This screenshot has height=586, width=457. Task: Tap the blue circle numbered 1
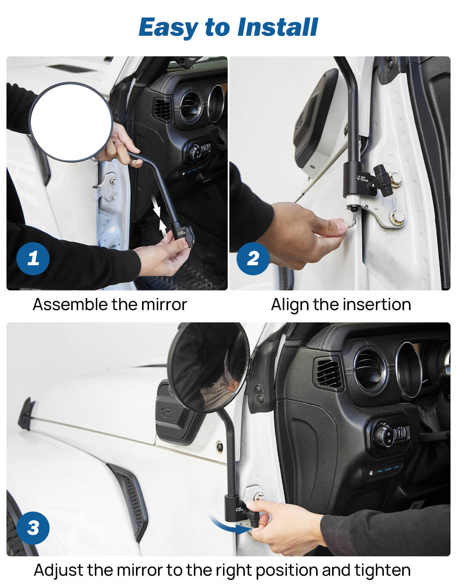pos(33,258)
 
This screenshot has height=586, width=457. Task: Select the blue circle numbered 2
pos(253,258)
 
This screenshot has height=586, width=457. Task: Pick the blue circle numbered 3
pos(33,528)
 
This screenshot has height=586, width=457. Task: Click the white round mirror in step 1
pos(71,122)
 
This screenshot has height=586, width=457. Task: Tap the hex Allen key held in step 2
pos(352,221)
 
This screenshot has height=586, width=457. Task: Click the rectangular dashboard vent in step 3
pos(329,373)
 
